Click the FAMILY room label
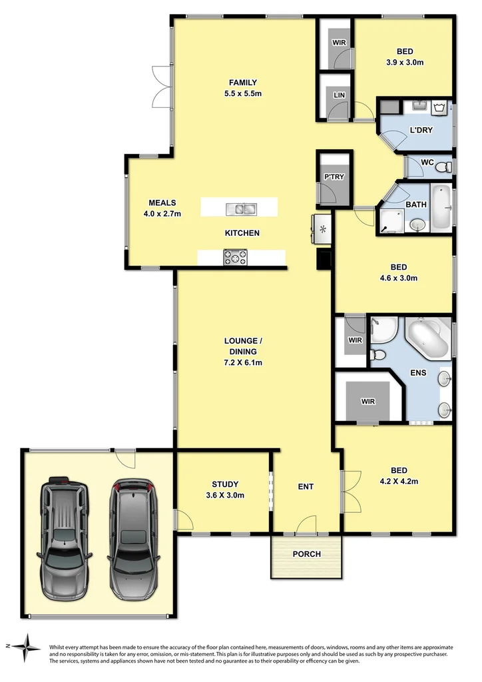click(242, 83)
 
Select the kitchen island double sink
click(240, 209)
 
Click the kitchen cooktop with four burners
click(235, 257)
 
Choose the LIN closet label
click(340, 96)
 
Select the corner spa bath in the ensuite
click(428, 337)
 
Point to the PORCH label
click(306, 554)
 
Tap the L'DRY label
click(419, 130)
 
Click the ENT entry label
click(305, 487)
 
